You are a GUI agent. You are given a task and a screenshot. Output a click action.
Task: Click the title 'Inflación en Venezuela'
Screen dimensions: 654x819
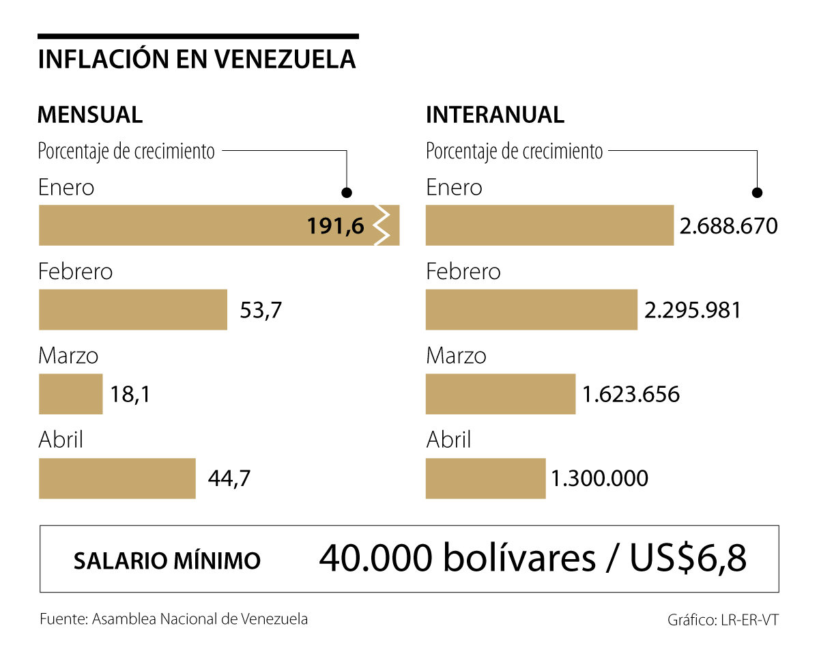[197, 59]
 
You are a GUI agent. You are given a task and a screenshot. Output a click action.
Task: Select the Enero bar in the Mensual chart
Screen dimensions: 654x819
[171, 225]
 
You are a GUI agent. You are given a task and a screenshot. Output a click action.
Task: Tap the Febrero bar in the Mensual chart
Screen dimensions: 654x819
[132, 310]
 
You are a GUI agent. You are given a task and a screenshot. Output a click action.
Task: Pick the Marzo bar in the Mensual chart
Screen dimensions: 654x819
[70, 394]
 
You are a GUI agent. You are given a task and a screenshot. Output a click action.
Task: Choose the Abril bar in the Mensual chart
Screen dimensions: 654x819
[117, 479]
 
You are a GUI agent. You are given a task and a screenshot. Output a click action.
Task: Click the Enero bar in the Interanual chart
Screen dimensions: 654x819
[549, 225]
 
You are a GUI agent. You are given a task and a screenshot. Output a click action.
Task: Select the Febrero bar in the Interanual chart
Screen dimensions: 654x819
[531, 310]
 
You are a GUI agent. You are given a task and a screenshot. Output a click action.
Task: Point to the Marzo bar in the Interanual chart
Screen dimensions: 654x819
[500, 394]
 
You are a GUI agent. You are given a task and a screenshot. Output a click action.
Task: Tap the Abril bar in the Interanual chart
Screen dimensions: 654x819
[485, 479]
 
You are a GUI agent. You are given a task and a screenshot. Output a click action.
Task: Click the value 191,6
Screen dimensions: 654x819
[336, 226]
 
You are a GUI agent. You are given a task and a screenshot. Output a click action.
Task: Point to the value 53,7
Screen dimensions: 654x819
[261, 311]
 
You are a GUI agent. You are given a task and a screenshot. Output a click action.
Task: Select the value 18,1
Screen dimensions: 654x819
[130, 395]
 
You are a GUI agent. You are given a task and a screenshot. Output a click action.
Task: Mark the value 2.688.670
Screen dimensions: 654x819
[728, 226]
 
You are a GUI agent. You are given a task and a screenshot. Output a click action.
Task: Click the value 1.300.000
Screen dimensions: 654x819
[599, 479]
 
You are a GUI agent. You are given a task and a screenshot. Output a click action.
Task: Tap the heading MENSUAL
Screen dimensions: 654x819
[90, 115]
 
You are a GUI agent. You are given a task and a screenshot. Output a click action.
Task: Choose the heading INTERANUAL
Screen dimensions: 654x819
[495, 115]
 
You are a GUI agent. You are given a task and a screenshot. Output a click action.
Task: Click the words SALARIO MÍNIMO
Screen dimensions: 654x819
[167, 560]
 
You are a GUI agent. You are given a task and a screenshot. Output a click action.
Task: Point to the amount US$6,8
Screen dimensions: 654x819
[687, 559]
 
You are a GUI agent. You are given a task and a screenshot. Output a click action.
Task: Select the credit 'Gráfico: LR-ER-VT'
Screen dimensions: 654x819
[723, 621]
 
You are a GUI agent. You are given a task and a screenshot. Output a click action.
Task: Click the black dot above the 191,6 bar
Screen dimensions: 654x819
[347, 193]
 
